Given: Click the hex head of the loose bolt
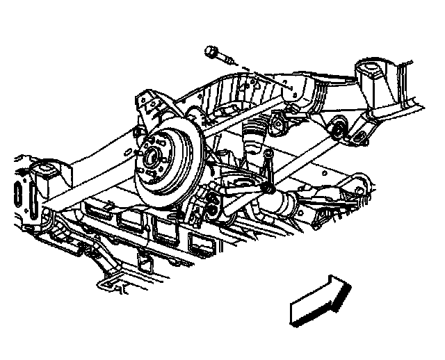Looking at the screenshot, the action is coord(212,51).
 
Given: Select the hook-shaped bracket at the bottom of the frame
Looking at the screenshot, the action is coord(111,281).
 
